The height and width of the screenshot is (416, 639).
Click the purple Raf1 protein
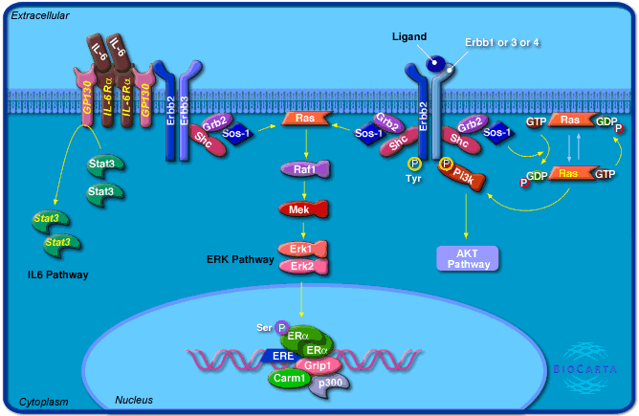pyautogui.click(x=303, y=169)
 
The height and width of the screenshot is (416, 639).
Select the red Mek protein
pyautogui.click(x=303, y=208)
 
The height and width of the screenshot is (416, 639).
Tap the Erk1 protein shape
pyautogui.click(x=303, y=249)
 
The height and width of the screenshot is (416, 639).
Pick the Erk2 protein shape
pyautogui.click(x=303, y=266)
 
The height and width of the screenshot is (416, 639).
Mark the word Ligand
pyautogui.click(x=409, y=36)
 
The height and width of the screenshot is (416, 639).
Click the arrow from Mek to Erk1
pyautogui.click(x=303, y=228)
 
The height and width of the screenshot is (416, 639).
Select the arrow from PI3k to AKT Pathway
pyautogui.click(x=466, y=215)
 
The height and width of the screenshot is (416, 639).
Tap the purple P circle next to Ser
pyautogui.click(x=281, y=326)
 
